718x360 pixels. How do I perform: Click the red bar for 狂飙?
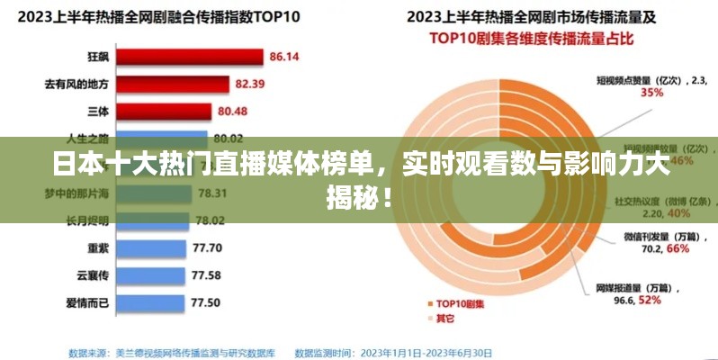click(x=190, y=57)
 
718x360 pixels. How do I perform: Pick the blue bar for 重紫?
click(x=153, y=247)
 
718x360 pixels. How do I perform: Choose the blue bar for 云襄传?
click(x=152, y=274)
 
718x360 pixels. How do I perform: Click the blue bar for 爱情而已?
click(x=152, y=301)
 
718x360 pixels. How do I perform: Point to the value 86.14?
click(x=284, y=57)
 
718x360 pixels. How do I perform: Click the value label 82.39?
click(x=250, y=85)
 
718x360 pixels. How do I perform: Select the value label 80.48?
click(x=233, y=112)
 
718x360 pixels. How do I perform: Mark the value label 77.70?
click(x=207, y=247)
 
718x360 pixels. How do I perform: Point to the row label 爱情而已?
click(x=87, y=301)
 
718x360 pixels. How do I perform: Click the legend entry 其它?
click(x=446, y=319)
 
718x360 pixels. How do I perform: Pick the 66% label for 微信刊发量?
click(x=652, y=248)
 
